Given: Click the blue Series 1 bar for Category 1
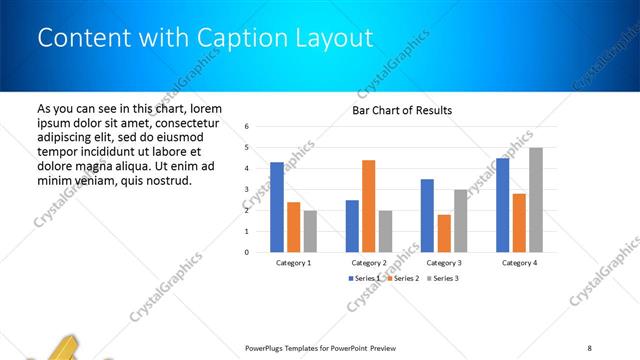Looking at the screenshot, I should pyautogui.click(x=277, y=207).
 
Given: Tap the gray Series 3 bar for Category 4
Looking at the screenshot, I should pyautogui.click(x=536, y=200).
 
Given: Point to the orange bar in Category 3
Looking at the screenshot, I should pyautogui.click(x=444, y=233).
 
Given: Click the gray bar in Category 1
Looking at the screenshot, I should pyautogui.click(x=310, y=231).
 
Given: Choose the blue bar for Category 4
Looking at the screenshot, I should pyautogui.click(x=502, y=205).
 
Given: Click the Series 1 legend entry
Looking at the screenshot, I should pyautogui.click(x=364, y=277).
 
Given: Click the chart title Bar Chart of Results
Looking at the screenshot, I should pyautogui.click(x=402, y=110).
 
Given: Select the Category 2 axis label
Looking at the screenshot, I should pyautogui.click(x=369, y=262).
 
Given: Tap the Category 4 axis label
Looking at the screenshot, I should pyautogui.click(x=519, y=262).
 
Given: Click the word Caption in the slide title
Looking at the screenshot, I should pyautogui.click(x=214, y=38).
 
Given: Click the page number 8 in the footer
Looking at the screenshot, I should pyautogui.click(x=589, y=347).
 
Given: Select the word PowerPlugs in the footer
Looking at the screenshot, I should pyautogui.click(x=266, y=347).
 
